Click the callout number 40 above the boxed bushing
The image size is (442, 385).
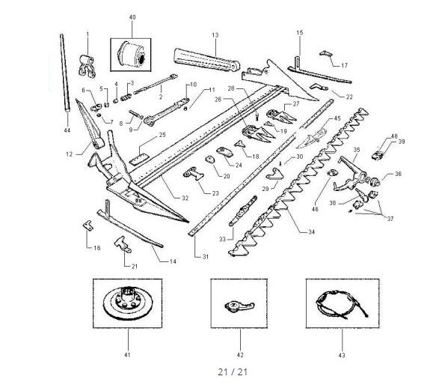pyautogui.click(x=132, y=17)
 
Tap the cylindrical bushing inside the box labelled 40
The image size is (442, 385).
pyautogui.click(x=132, y=54)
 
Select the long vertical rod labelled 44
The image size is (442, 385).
pyautogui.click(x=64, y=73)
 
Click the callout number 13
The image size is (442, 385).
pyautogui.click(x=215, y=35)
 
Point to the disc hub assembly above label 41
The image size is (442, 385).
pyautogui.click(x=127, y=303)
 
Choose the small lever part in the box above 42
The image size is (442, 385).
pyautogui.click(x=239, y=306)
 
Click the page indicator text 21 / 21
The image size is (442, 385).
pyautogui.click(x=233, y=372)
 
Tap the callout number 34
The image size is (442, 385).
pyautogui.click(x=311, y=232)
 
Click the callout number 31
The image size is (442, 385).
pyautogui.click(x=206, y=257)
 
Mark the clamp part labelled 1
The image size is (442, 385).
pyautogui.click(x=87, y=66)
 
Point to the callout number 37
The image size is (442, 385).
pyautogui.click(x=390, y=219)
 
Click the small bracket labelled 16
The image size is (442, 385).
pyautogui.click(x=88, y=225)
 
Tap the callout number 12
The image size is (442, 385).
pyautogui.click(x=70, y=154)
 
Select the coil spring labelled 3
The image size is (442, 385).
pyautogui.click(x=126, y=97)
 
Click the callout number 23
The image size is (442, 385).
pyautogui.click(x=215, y=193)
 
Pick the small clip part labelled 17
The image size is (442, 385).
pyautogui.click(x=326, y=54)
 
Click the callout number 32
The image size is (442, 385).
pyautogui.click(x=185, y=198)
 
